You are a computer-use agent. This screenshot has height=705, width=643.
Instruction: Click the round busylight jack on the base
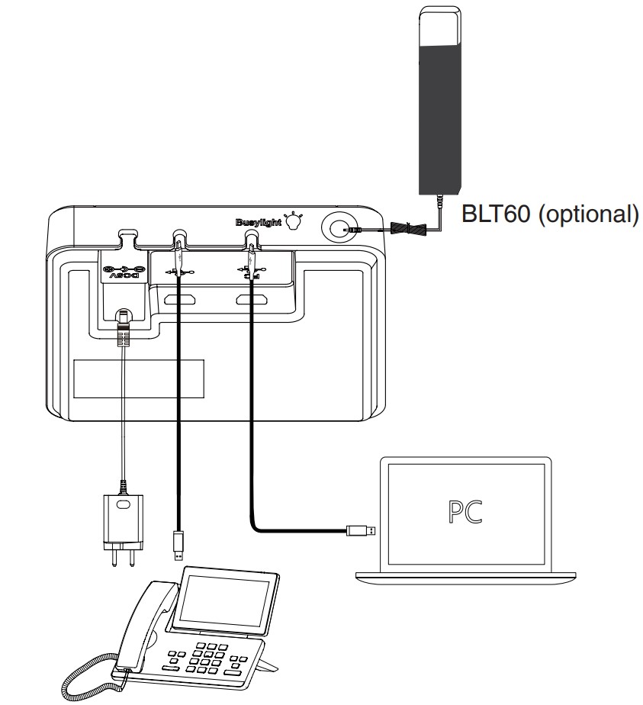tap(337, 227)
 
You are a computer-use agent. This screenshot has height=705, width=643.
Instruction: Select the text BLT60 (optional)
tap(548, 214)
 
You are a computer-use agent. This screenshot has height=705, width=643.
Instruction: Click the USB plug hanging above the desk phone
tap(178, 542)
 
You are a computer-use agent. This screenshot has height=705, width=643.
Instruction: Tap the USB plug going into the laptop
tap(358, 529)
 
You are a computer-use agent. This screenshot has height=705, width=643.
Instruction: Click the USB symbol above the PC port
tap(251, 269)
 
